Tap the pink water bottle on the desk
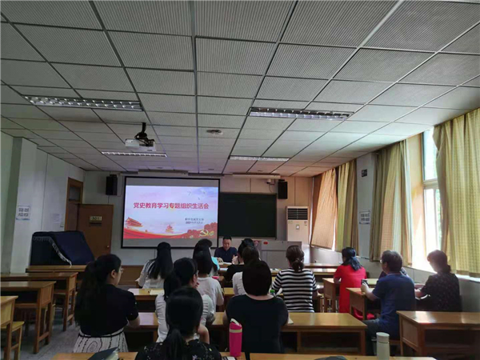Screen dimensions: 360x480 pos(235,337)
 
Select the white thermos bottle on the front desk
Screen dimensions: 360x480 pos(382,345)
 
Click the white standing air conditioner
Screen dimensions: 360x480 pos(297,223)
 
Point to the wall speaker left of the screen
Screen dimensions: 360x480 pos(111,185)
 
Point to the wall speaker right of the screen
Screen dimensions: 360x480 pos(282,189)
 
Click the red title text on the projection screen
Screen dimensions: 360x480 pos(170,205)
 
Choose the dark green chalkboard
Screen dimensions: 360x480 pos(247,214)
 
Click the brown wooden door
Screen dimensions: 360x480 pos(95,228)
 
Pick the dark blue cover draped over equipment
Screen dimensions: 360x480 pos(61,248)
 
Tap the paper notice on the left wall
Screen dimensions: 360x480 pos(23,212)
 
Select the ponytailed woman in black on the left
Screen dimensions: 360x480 pos(104,305)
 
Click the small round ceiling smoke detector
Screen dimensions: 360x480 pos(214,132)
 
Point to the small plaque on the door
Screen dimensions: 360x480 pos(95,218)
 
